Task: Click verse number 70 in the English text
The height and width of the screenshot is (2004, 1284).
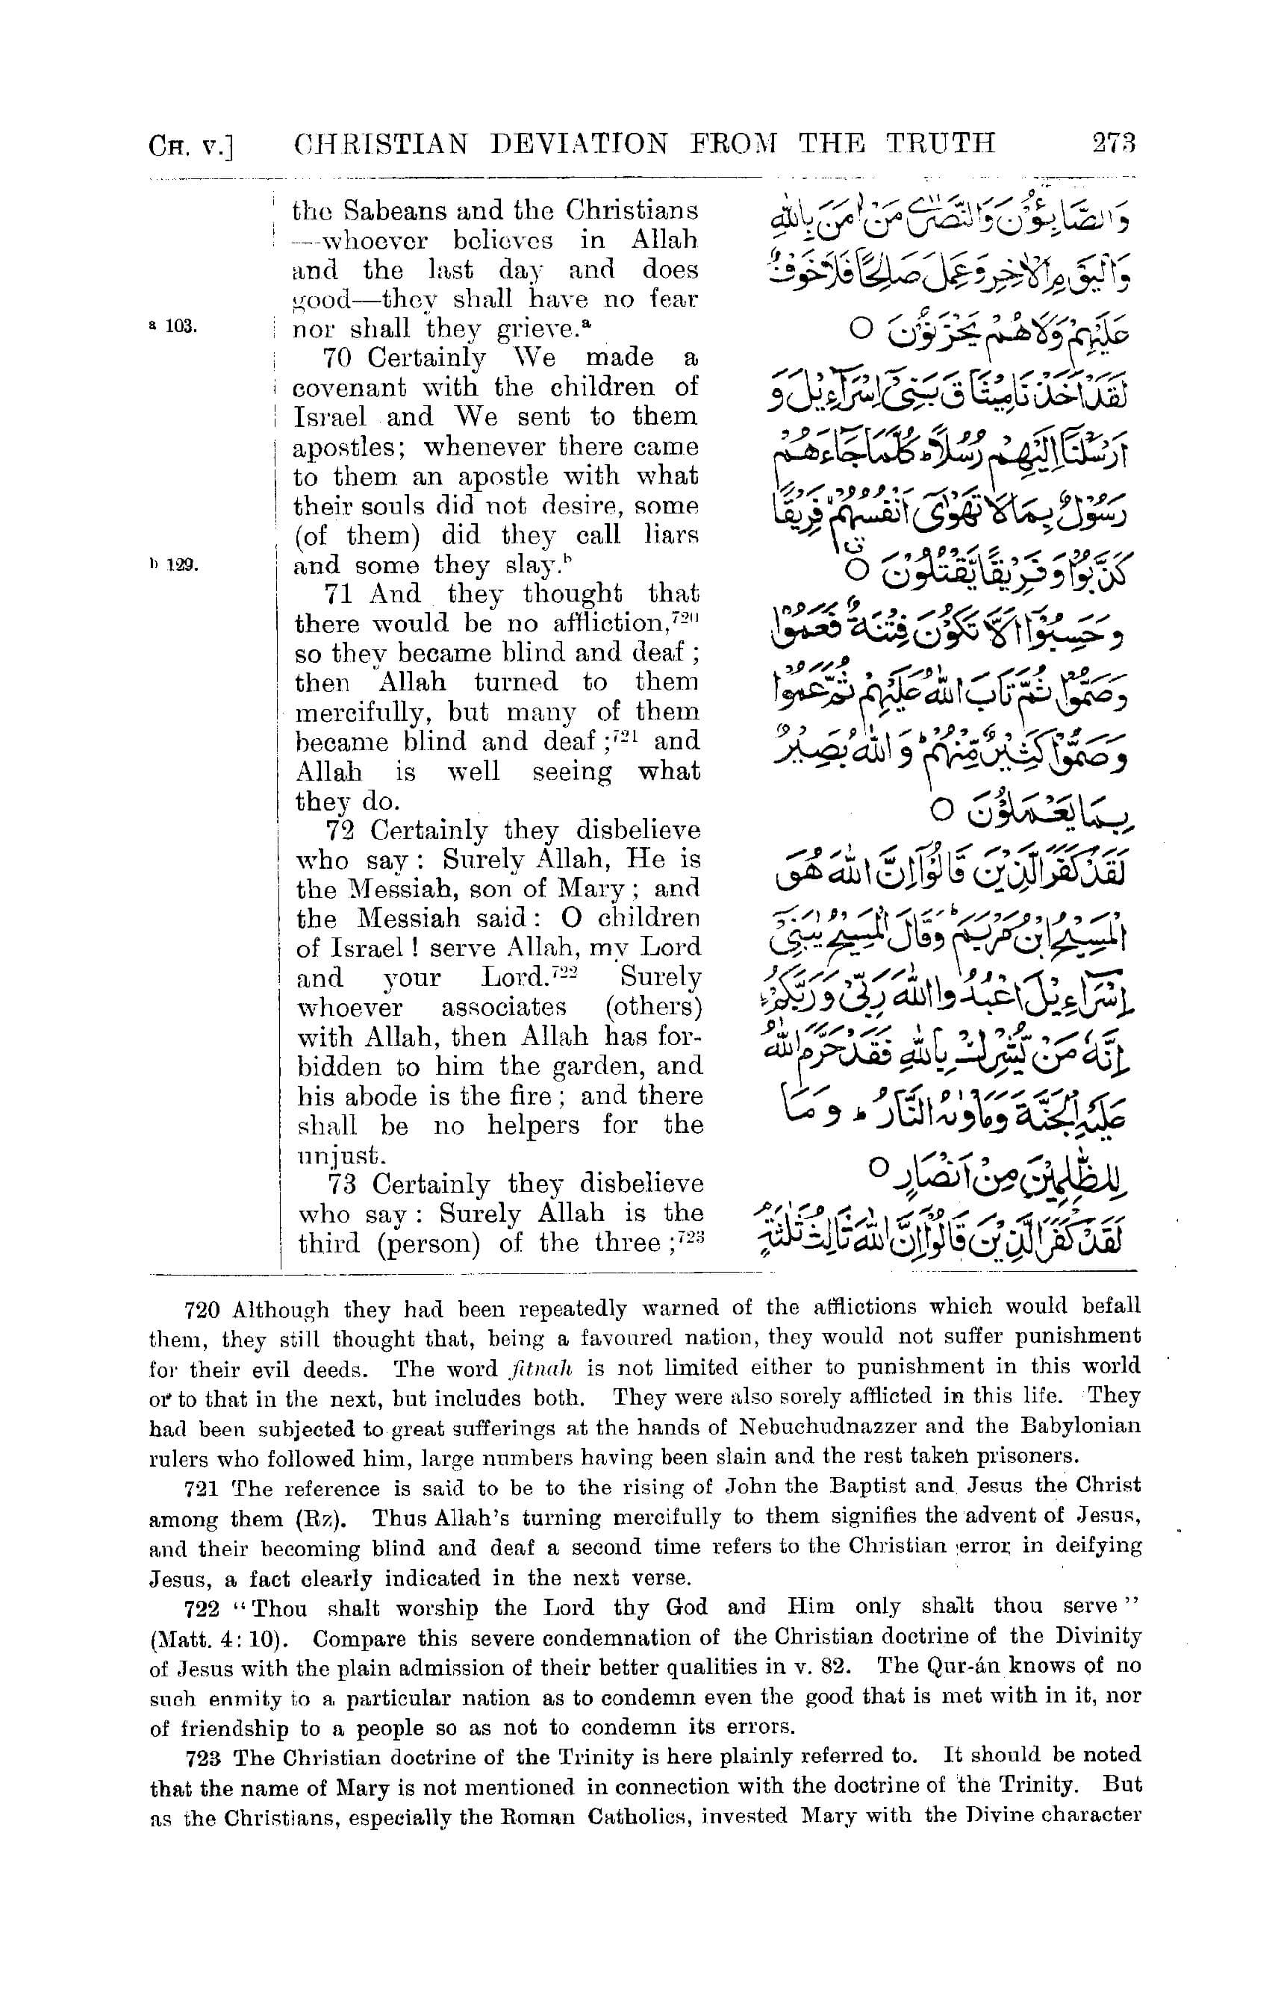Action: click(338, 358)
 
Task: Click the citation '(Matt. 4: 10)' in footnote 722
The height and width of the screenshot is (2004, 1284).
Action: click(219, 1639)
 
